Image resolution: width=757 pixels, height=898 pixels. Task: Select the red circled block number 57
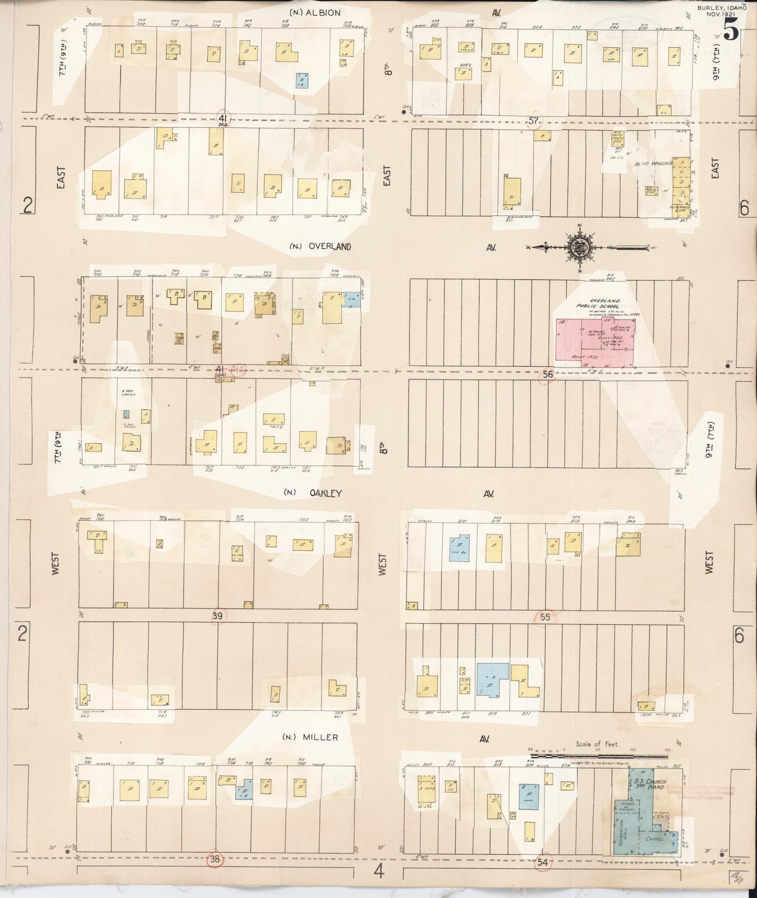533,121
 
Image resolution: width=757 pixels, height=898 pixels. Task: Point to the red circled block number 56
547,374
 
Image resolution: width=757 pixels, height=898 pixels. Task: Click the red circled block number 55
545,617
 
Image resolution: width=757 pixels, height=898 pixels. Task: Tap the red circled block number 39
217,616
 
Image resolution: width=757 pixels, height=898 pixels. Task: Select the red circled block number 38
215,859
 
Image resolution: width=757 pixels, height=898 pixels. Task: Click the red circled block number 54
542,862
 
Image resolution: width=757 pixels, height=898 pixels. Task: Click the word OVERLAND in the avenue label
329,246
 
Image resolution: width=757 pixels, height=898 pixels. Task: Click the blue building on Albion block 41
301,80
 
